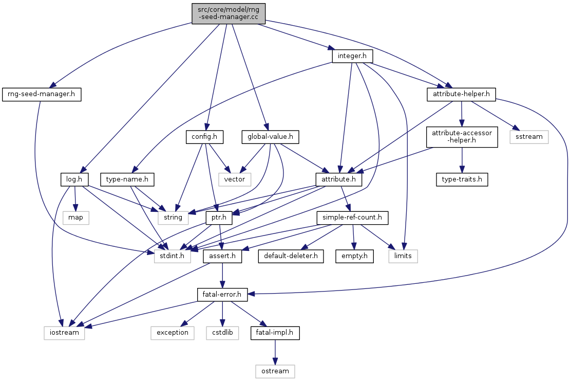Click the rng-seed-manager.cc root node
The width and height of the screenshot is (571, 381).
[x=229, y=13]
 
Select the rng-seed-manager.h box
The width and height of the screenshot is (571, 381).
[x=42, y=95]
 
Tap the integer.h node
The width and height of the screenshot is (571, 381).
[x=352, y=56]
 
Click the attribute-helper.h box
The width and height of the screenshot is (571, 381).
[x=462, y=95]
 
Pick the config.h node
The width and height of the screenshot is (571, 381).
[x=204, y=137]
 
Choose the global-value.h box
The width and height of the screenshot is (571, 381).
[x=270, y=137]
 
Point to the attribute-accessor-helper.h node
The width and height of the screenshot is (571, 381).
[x=462, y=137]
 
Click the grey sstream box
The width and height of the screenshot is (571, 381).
[x=529, y=137]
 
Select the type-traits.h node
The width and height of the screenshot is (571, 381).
[x=462, y=179]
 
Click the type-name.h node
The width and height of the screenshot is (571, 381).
[x=127, y=179]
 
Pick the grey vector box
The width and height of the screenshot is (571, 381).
[x=235, y=179]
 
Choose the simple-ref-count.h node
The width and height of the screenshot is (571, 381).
[x=352, y=217]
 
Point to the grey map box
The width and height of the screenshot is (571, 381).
[x=75, y=217]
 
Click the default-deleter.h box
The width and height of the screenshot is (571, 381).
[x=291, y=256]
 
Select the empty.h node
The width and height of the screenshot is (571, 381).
[x=355, y=256]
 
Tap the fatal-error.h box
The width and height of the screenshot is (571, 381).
[x=222, y=295]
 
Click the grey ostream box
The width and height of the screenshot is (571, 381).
[x=275, y=371]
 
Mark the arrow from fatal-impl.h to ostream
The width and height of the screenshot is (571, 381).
[x=275, y=352]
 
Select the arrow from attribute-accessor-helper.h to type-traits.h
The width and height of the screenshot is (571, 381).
[x=462, y=160]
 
